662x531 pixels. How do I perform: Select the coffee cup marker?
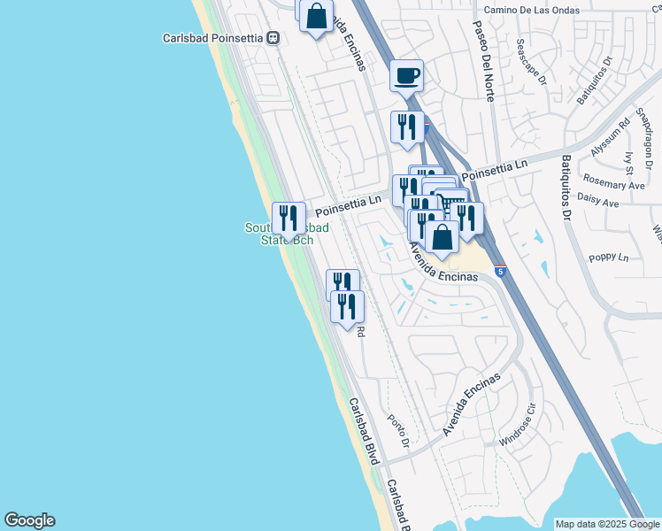pyautogui.click(x=407, y=76)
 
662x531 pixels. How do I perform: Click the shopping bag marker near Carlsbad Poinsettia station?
pyautogui.click(x=316, y=16)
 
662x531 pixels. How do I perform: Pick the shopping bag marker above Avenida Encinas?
pyautogui.click(x=442, y=237)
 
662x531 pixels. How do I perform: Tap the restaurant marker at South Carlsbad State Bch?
pyautogui.click(x=289, y=218)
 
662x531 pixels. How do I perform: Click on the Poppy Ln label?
pyautogui.click(x=608, y=258)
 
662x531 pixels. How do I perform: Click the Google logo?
pyautogui.click(x=29, y=520)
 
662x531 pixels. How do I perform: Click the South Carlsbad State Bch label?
pyautogui.click(x=287, y=235)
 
